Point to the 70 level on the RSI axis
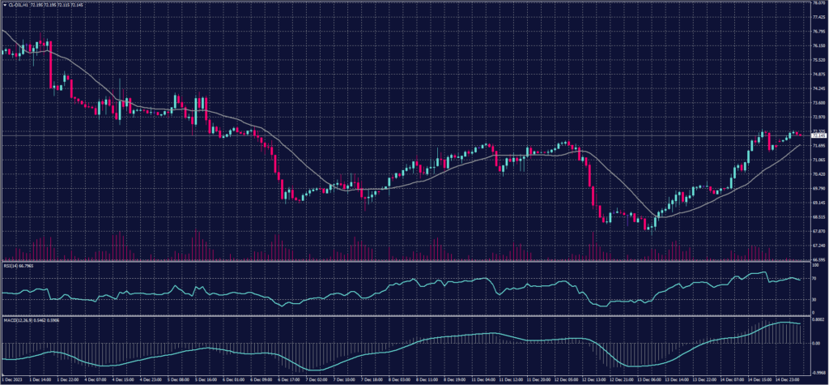[x=814, y=278]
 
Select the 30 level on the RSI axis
[x=814, y=299]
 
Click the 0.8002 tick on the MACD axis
[x=817, y=321]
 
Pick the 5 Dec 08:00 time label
[x=179, y=379]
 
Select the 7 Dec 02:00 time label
[x=317, y=379]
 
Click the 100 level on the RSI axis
[x=814, y=263]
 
